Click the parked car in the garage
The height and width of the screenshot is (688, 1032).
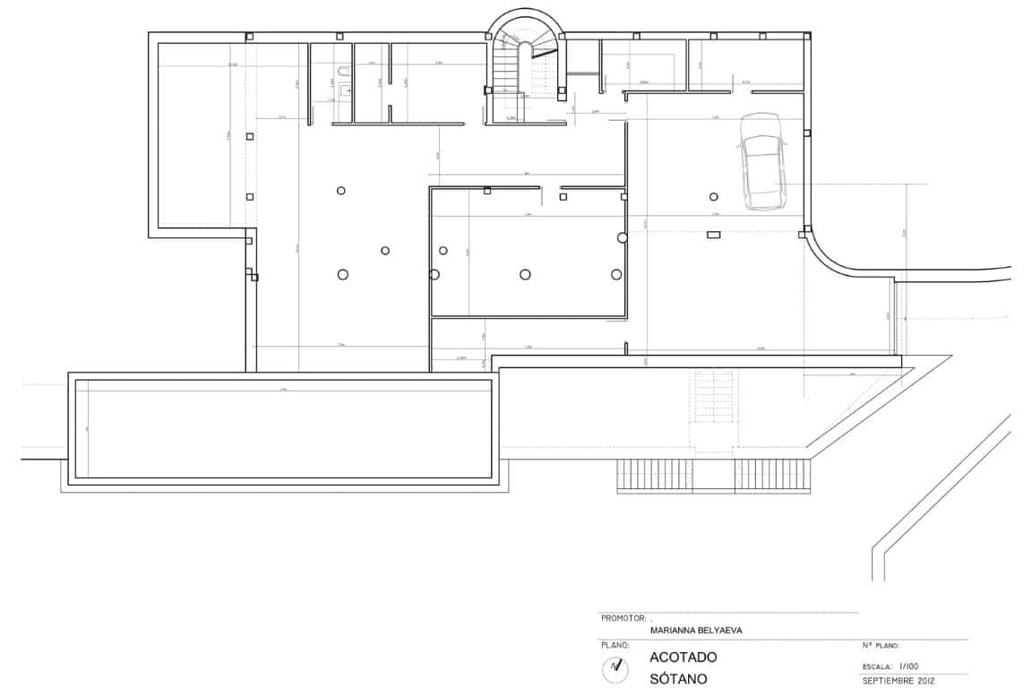(762, 162)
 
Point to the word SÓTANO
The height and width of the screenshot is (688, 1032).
(678, 678)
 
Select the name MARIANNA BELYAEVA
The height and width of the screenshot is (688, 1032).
(696, 630)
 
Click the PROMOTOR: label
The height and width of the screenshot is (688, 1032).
(623, 618)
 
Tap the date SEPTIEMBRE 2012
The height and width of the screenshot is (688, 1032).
(899, 681)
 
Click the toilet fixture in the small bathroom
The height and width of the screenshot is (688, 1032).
(344, 70)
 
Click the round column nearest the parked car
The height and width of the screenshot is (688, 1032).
(714, 197)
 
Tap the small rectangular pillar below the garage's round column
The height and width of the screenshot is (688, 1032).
(714, 235)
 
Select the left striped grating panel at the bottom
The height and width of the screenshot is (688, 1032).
(675, 474)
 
